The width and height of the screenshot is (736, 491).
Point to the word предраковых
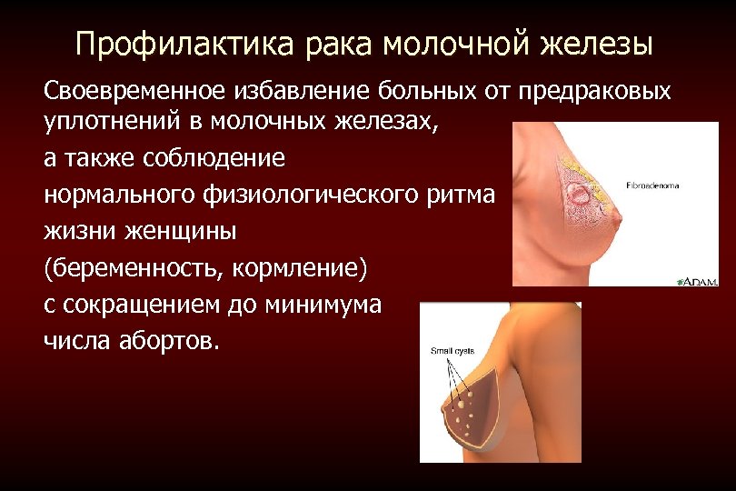(595, 92)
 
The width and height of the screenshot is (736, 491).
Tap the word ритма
(462, 195)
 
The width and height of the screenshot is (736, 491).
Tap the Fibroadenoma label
(652, 185)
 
